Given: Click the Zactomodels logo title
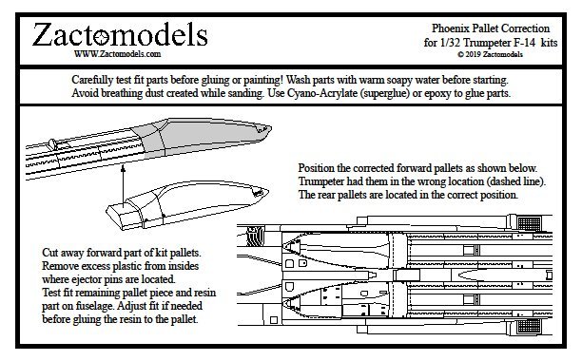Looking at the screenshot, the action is click(x=120, y=35).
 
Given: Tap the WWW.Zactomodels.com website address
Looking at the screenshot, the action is click(x=117, y=54).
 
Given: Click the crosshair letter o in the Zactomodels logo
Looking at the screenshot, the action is click(x=100, y=38).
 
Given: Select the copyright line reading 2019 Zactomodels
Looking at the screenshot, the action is click(x=491, y=54).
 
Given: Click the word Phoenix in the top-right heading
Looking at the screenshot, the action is click(x=447, y=28).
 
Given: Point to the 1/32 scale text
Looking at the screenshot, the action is click(x=450, y=43).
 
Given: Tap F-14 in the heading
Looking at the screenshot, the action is click(x=525, y=43).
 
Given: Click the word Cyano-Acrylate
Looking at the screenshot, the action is click(x=321, y=93).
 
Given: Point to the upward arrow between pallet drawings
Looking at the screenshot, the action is click(x=123, y=184).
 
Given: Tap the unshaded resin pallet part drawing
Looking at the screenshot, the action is click(x=187, y=204).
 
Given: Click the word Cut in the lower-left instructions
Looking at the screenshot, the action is click(x=50, y=253).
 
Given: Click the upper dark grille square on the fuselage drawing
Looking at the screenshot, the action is click(x=529, y=223).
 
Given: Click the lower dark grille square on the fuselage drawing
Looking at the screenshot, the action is click(x=529, y=326).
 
